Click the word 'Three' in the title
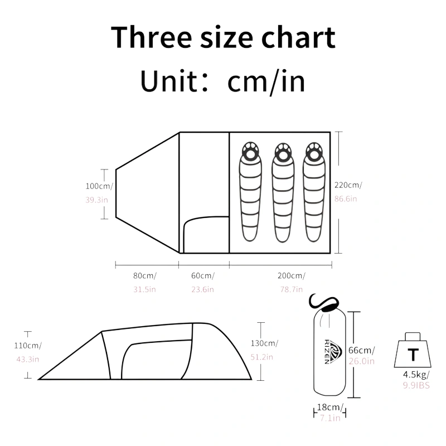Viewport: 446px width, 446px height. coord(151,37)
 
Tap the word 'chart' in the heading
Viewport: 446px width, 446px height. coord(298,37)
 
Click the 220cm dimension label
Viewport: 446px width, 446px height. coord(348,185)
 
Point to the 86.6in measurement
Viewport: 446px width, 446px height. coord(346,198)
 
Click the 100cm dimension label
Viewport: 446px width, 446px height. coord(99,186)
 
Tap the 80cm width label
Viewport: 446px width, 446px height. coord(145,275)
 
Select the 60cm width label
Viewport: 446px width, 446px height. coord(203,275)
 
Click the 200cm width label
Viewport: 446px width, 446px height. coord(292,275)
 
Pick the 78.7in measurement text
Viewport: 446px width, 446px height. coord(292,289)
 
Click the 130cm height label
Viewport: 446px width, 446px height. coord(264,343)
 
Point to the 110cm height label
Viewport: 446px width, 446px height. coord(28,345)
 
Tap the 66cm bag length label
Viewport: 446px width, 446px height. coord(361,350)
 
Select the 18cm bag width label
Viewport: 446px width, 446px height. coord(330,407)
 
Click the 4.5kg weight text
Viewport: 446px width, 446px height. coord(416,374)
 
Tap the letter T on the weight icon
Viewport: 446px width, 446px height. coord(413,355)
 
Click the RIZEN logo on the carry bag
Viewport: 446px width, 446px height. coord(331,352)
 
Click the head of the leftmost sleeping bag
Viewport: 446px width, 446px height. coord(250,151)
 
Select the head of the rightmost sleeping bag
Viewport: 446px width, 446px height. coord(314,151)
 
